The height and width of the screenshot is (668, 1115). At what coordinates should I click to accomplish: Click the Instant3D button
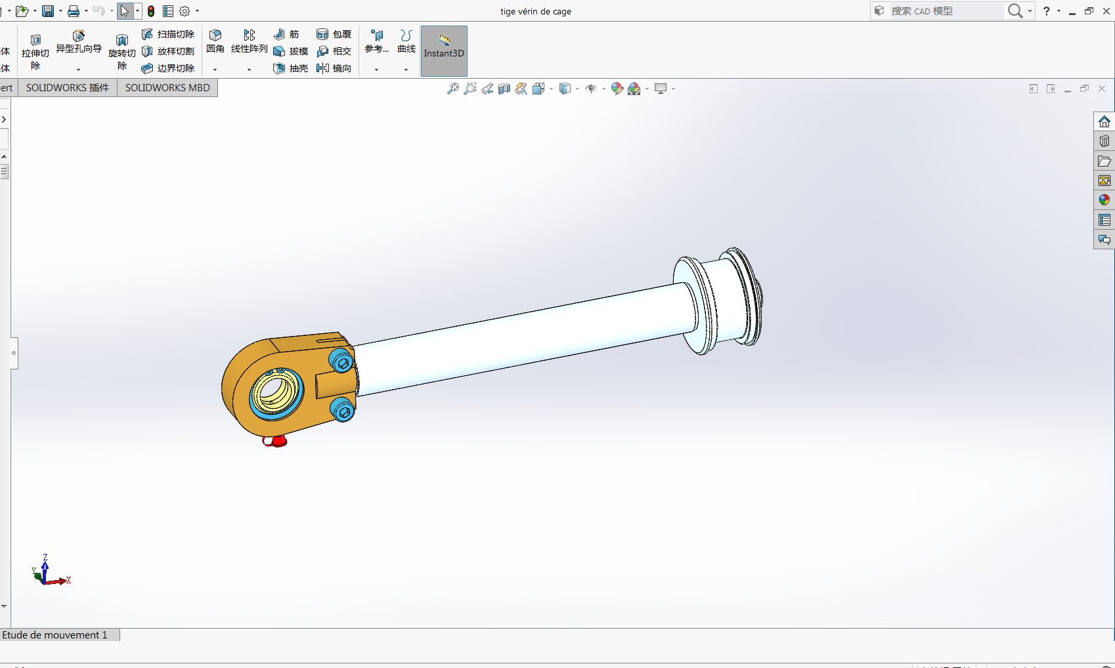click(x=444, y=51)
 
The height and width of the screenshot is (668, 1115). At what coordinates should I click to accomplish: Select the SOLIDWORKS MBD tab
click(x=167, y=88)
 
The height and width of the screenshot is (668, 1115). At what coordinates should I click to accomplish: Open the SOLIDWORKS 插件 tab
click(x=68, y=88)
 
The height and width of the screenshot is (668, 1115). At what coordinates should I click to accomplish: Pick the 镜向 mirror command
click(x=334, y=68)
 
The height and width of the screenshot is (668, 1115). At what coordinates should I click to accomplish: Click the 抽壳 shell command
click(x=291, y=68)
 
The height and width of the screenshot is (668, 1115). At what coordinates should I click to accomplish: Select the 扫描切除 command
click(x=168, y=34)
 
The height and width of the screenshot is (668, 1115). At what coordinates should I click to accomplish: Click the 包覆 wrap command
click(x=334, y=34)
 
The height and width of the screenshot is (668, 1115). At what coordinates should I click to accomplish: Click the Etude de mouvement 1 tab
click(x=55, y=635)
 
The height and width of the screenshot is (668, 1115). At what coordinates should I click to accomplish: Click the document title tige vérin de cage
click(x=535, y=11)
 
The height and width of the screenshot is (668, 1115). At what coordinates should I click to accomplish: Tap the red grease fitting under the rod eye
click(x=276, y=441)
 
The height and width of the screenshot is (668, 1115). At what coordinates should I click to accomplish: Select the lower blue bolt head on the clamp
click(x=343, y=411)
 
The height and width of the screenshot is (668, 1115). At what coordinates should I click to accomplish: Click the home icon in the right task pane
click(x=1104, y=122)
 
